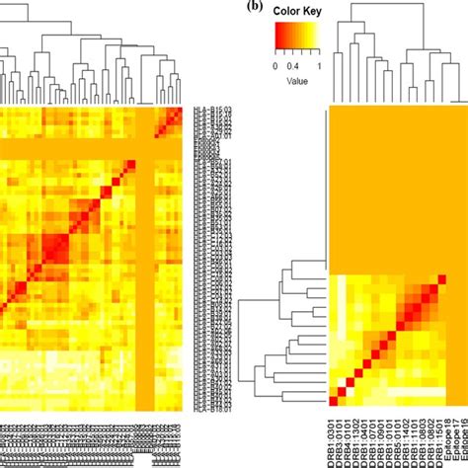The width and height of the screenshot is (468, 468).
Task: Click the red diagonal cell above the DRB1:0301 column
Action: coord(332,400)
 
